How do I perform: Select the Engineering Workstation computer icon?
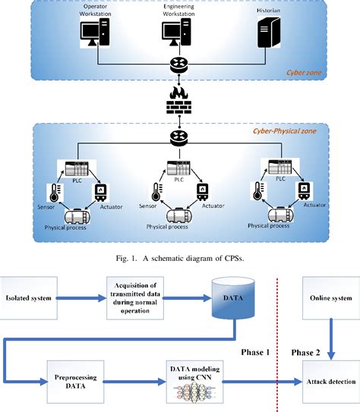[179, 34]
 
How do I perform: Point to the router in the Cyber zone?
[180, 66]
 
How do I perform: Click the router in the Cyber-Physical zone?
[180, 137]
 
